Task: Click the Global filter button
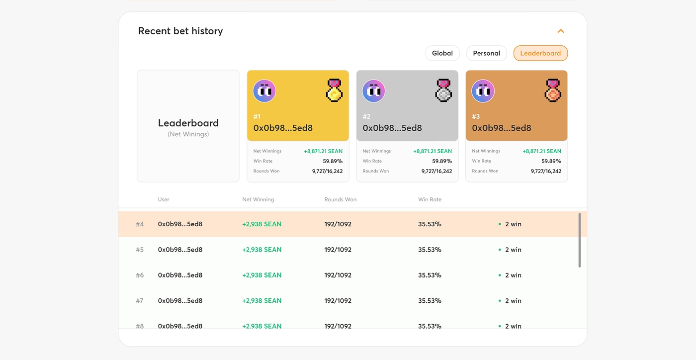(x=442, y=53)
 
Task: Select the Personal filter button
(x=486, y=53)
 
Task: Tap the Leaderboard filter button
(x=540, y=53)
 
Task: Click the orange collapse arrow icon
(x=561, y=31)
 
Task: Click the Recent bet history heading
(x=180, y=31)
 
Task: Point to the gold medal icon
(x=334, y=90)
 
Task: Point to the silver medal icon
(x=443, y=90)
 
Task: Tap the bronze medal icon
(x=553, y=90)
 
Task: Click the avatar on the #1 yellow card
(x=264, y=91)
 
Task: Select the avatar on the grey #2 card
(x=374, y=91)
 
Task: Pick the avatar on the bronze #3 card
(x=483, y=91)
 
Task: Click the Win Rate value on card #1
(x=333, y=161)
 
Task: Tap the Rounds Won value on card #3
(x=546, y=171)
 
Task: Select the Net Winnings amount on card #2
(x=433, y=151)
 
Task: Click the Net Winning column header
(x=258, y=199)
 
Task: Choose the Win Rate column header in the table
(x=430, y=199)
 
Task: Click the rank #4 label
(x=140, y=224)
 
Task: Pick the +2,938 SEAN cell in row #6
(x=261, y=275)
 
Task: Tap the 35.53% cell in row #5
(x=430, y=250)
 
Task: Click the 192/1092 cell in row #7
(x=338, y=300)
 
